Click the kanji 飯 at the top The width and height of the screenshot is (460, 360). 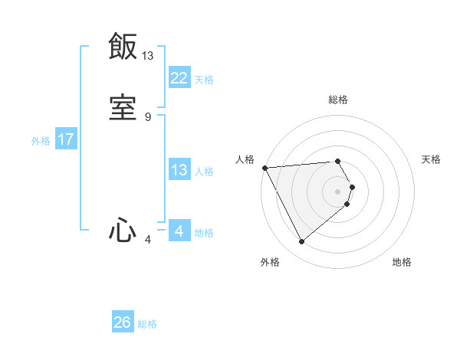[x=123, y=46]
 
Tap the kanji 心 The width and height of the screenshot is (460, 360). [x=123, y=229]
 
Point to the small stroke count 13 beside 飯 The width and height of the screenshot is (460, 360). [x=148, y=55]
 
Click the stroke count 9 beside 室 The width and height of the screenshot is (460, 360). [x=148, y=116]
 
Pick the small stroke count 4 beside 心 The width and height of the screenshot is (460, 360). [x=148, y=240]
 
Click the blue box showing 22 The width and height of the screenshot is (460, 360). [x=179, y=78]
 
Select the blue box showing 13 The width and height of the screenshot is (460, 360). [x=179, y=171]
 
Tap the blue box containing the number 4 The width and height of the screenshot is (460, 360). [x=179, y=231]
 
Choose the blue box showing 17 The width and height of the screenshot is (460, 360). [x=66, y=140]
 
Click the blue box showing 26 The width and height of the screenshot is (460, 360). [x=123, y=322]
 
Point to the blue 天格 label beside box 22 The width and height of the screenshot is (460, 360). [x=204, y=80]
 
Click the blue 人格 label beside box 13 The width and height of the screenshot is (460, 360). [x=204, y=172]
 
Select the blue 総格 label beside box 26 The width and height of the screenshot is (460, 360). [x=147, y=324]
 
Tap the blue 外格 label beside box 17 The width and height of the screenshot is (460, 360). [x=41, y=141]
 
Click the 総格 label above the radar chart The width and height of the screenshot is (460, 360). [x=338, y=100]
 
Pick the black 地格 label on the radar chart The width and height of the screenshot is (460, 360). [x=402, y=262]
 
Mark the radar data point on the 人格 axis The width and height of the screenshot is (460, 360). [x=264, y=168]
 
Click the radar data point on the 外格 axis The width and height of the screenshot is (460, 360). [x=301, y=241]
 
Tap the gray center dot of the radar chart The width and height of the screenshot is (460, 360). [x=338, y=191]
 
